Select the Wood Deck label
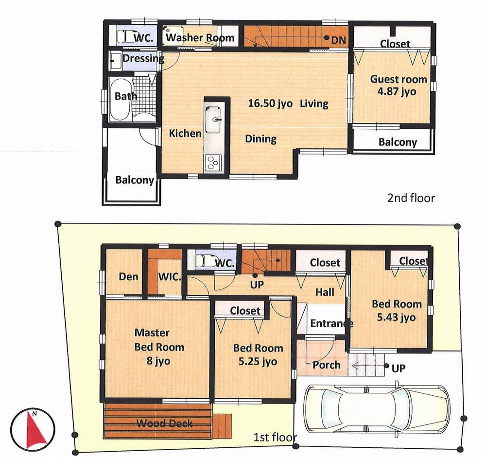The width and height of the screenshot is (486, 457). click(164, 423)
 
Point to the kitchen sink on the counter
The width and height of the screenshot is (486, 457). click(214, 119)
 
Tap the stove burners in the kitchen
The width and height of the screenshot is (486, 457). click(213, 161)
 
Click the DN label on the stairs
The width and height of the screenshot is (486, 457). click(338, 41)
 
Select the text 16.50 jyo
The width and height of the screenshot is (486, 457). click(270, 103)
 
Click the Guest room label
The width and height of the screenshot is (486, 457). click(399, 79)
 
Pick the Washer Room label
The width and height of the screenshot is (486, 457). click(200, 38)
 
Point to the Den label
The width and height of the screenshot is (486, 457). click(129, 277)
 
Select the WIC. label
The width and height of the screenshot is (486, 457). click(170, 277)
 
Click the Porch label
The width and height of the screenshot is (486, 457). click(327, 365)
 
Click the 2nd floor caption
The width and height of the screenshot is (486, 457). click(411, 198)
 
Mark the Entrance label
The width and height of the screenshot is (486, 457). click(331, 323)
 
